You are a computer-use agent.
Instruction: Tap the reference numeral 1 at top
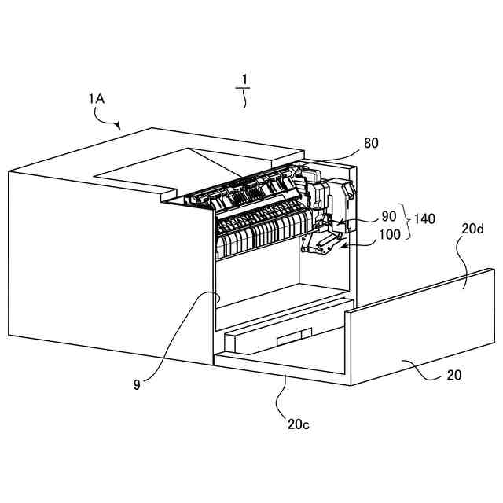(244, 79)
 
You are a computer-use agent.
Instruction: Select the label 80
(370, 144)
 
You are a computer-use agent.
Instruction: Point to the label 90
(389, 215)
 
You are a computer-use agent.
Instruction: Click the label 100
(388, 234)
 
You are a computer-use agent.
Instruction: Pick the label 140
(425, 221)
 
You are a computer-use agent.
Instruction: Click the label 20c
(298, 424)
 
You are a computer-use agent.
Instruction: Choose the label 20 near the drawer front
(454, 376)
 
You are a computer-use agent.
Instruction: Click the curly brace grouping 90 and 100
(405, 223)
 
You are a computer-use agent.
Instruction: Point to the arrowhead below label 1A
(117, 125)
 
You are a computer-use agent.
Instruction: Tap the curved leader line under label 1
(244, 98)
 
